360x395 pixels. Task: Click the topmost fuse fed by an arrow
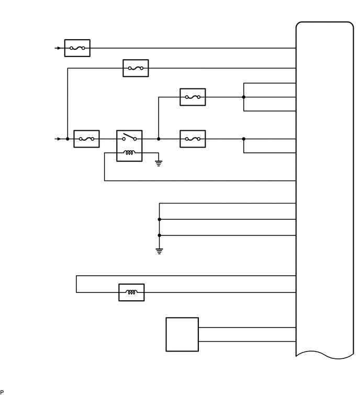tap(77, 48)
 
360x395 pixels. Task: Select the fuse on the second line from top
tap(136, 68)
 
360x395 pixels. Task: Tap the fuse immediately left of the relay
tap(86, 139)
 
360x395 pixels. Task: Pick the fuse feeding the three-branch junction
tap(193, 97)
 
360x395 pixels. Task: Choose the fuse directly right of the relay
tap(193, 139)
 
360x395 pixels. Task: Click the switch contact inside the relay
tap(129, 138)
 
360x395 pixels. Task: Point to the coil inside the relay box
tap(129, 153)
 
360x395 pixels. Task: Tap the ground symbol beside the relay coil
tap(159, 163)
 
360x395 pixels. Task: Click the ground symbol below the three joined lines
tap(159, 251)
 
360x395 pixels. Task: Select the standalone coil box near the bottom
tap(131, 292)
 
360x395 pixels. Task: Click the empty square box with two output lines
tap(182, 334)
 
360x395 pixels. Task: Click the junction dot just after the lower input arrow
tap(67, 139)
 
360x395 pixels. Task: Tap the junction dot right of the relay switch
tap(159, 139)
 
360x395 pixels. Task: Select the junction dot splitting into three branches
tap(244, 97)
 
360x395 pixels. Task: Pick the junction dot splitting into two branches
tap(244, 139)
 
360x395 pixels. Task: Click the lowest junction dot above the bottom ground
tap(159, 235)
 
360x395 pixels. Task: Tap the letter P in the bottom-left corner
tap(2, 392)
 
